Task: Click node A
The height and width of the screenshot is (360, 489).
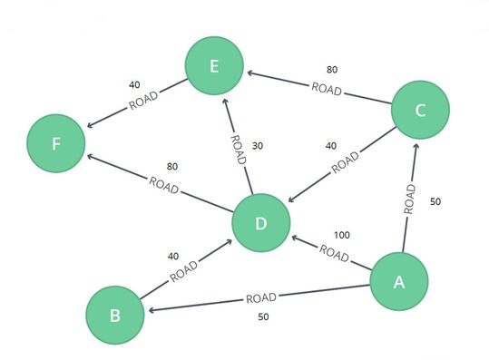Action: [398, 282]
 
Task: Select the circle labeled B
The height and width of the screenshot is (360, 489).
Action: [114, 316]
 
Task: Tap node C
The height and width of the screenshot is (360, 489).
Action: [420, 111]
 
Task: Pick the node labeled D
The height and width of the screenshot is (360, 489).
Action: [260, 222]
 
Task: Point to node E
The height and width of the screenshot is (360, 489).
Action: [213, 66]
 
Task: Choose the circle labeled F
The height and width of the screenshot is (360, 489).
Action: [56, 144]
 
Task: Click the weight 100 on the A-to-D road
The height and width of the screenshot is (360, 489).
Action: [342, 235]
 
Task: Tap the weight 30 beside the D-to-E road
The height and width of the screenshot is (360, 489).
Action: [257, 145]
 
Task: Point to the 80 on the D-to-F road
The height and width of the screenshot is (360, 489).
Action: [171, 166]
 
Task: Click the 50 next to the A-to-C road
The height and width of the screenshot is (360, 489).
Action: [435, 201]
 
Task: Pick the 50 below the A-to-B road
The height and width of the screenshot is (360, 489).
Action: [263, 316]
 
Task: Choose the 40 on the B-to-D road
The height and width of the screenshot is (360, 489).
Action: [174, 255]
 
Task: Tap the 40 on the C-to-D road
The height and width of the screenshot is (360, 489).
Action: [331, 145]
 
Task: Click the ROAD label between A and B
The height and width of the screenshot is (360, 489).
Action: [260, 297]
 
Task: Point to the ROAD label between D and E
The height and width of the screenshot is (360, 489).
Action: [238, 150]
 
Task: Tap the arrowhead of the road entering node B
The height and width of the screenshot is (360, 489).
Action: [150, 310]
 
